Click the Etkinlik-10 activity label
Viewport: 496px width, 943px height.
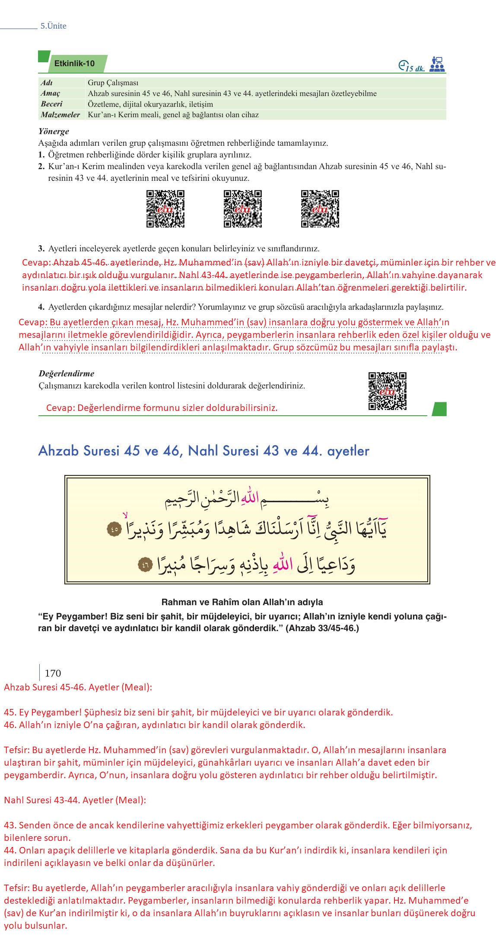tap(74, 64)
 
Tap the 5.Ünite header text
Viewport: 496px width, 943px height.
tap(54, 26)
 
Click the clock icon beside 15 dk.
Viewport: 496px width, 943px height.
tap(403, 65)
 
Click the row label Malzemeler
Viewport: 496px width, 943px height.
tap(60, 115)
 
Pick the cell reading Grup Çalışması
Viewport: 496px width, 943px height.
tap(113, 83)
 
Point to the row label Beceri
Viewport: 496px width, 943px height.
tap(51, 104)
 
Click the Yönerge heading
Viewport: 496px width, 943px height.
tap(54, 131)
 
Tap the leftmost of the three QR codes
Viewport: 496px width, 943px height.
tap(165, 208)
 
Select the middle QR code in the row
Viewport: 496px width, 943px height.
tap(243, 208)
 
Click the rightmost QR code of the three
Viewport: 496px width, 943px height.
tap(320, 208)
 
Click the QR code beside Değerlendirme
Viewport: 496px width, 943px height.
tap(387, 391)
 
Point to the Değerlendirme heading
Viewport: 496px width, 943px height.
tap(66, 373)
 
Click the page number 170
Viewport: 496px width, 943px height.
tap(53, 673)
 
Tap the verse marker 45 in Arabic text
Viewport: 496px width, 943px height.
tap(114, 529)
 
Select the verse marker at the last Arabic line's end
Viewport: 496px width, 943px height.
tap(145, 565)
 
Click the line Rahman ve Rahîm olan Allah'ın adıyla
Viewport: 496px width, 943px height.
tap(242, 602)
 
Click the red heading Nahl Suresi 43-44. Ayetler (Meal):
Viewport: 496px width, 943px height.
tap(75, 800)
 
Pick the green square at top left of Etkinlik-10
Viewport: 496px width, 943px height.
tap(44, 56)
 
